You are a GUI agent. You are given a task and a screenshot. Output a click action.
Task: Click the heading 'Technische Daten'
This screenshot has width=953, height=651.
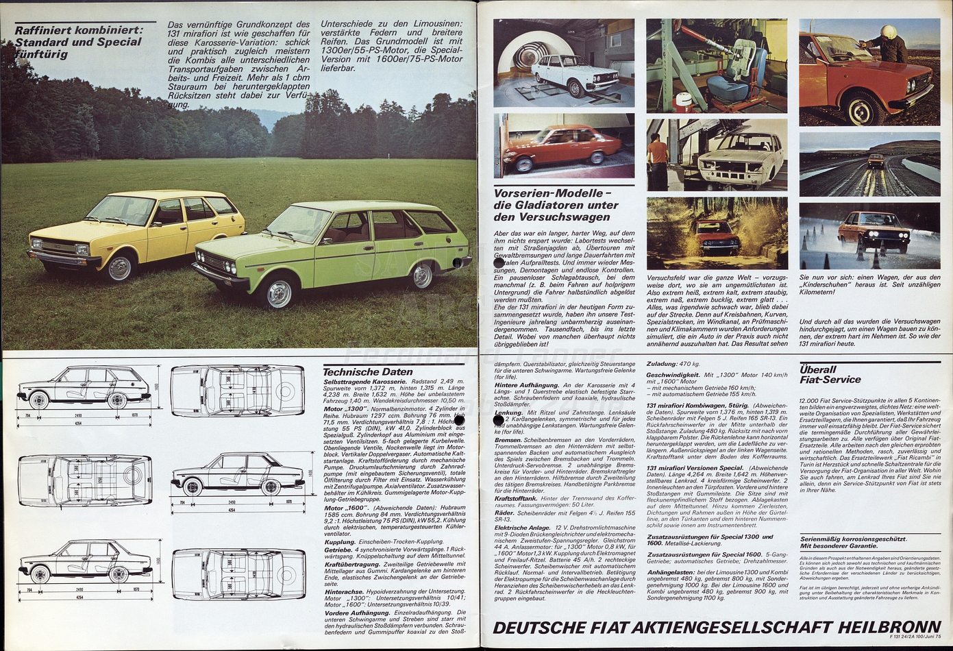click(368, 371)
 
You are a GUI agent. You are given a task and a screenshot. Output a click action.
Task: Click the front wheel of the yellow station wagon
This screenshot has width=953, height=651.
click(119, 268)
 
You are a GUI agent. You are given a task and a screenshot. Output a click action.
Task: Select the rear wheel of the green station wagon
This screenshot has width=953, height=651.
click(422, 275)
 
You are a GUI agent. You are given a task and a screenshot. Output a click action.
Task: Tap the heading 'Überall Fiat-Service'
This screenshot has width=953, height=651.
click(830, 374)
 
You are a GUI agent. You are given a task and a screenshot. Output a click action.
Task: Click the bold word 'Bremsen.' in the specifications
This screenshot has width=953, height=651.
click(509, 439)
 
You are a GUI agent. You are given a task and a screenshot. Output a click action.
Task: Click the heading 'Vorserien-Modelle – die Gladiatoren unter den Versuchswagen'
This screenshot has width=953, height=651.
click(556, 205)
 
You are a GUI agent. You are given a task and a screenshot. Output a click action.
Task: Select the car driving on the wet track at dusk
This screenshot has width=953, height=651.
click(876, 162)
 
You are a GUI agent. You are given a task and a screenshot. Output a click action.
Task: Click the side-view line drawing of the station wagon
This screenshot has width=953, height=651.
click(79, 388)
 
